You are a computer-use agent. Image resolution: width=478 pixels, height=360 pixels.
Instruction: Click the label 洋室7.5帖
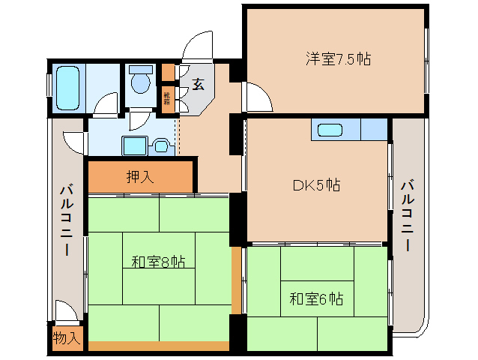[338, 58]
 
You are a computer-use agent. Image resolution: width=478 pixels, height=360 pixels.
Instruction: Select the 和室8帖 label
[158, 262]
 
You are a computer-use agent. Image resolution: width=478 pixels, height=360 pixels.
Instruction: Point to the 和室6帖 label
[317, 299]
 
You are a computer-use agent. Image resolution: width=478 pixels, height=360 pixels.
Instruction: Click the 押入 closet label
[141, 177]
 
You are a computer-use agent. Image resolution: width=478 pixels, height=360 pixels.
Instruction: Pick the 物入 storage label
[67, 338]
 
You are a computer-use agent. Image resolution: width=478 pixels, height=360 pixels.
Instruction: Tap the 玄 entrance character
[198, 84]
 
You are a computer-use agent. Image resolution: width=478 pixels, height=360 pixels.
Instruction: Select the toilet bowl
[140, 80]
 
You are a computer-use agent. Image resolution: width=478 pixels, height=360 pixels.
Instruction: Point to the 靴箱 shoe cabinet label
[168, 98]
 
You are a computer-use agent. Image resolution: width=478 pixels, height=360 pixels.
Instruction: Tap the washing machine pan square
[135, 145]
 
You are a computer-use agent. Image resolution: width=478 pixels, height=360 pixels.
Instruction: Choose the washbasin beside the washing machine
[161, 145]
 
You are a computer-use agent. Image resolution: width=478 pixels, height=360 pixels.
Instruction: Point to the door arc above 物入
[65, 310]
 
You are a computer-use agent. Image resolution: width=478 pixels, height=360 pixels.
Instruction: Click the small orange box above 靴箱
[168, 73]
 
